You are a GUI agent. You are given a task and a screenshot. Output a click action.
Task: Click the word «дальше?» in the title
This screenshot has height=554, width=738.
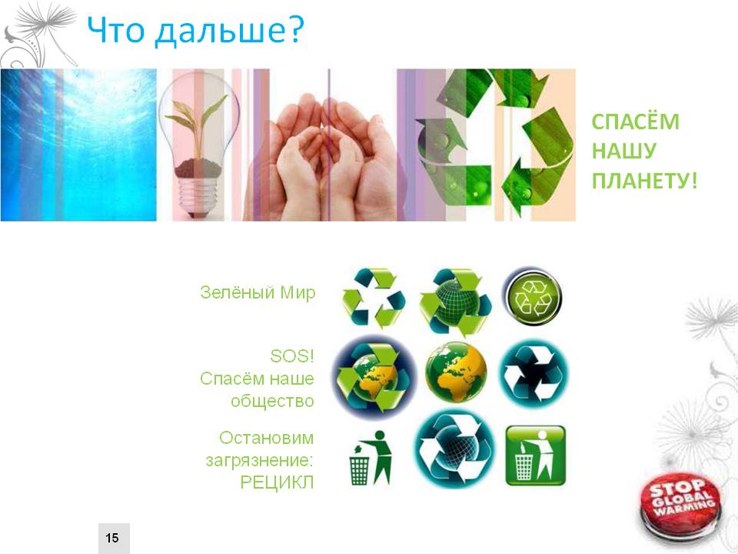230,30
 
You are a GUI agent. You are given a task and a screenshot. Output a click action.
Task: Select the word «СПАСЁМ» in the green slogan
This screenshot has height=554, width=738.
636,122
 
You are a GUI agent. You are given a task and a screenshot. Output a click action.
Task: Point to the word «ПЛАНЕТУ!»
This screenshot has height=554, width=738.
644,181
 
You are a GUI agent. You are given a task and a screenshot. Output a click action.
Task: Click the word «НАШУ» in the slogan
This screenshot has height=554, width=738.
623,152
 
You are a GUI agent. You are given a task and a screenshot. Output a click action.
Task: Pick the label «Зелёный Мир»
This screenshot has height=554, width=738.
258,292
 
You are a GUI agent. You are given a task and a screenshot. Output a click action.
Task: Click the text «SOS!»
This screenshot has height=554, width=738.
292,356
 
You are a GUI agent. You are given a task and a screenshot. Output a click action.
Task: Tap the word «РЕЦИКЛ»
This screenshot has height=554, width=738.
277,482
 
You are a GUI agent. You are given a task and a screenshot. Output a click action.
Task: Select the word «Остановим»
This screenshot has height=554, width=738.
267,438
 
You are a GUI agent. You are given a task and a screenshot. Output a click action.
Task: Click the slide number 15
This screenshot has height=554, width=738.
112,538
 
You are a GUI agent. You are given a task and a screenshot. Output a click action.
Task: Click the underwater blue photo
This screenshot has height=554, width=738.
78,145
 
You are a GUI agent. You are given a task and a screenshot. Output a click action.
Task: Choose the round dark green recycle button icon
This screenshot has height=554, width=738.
532,297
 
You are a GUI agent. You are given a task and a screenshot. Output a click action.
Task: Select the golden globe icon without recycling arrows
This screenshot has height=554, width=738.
456,372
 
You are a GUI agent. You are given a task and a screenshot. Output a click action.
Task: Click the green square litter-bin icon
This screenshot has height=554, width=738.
536,456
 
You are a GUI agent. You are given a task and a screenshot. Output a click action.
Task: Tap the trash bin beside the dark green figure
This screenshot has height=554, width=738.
359,469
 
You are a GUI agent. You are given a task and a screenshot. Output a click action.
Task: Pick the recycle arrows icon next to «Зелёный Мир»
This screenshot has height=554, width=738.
374,298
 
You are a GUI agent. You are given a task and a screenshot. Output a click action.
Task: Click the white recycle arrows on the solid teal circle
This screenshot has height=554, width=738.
534,375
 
